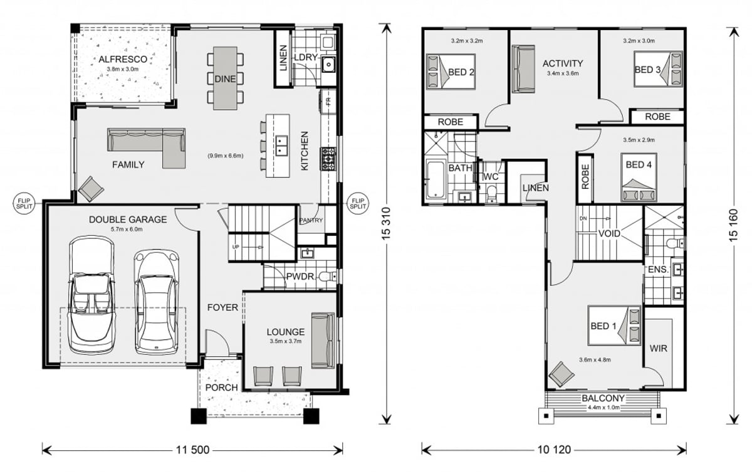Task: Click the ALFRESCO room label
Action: click(x=123, y=59)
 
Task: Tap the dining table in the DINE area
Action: click(x=225, y=78)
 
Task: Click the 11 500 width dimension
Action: click(x=192, y=450)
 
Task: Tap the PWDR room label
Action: click(x=300, y=277)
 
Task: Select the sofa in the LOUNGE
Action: click(x=323, y=341)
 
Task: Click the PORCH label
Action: click(x=222, y=388)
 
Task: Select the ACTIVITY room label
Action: click(x=562, y=63)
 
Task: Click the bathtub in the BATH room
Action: click(x=434, y=181)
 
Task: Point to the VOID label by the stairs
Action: click(x=608, y=233)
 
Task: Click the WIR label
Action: click(x=659, y=348)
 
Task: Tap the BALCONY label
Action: click(x=602, y=398)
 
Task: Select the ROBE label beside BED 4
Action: click(x=585, y=177)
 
